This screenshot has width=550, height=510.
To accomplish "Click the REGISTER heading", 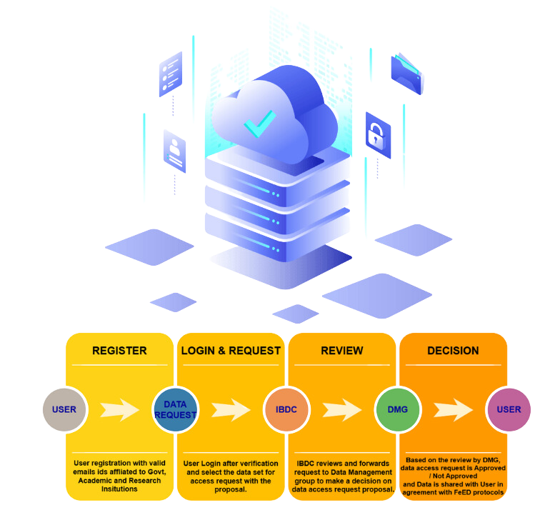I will tap(119, 351).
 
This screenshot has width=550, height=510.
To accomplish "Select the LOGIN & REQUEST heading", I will tap(231, 351).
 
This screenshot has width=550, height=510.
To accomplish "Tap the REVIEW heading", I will tap(341, 351).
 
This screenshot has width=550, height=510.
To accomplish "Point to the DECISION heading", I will tap(453, 351).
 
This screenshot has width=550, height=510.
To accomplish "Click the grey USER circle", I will tap(64, 410).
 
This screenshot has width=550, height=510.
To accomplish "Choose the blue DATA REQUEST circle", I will tap(175, 410).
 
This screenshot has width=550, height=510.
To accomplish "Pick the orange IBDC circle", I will tap(286, 410).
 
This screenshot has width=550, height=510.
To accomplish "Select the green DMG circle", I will tap(397, 410).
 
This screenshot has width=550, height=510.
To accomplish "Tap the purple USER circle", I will tap(509, 410).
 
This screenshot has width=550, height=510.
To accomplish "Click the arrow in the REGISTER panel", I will tap(119, 410).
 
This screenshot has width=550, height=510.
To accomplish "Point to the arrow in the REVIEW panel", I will tap(341, 410).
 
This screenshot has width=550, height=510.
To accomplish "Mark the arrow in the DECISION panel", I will tap(453, 410).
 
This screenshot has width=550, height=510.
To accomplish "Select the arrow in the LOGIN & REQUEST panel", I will tap(231, 410).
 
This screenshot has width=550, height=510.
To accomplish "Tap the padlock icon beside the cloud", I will tap(376, 136).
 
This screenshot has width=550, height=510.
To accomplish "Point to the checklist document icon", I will tap(171, 74).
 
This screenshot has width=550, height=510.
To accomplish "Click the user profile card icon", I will tap(174, 151).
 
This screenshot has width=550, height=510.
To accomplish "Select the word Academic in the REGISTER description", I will tap(92, 481).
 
